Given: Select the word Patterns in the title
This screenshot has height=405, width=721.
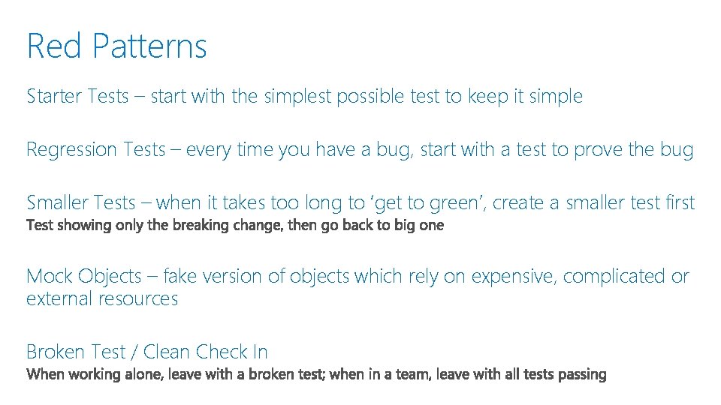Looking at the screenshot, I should coord(150,46).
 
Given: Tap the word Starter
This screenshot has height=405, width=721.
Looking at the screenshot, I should coord(55,97).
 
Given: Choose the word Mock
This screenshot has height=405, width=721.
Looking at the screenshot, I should coord(49,277).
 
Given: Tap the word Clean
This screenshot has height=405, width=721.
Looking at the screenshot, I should coord(167,352).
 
